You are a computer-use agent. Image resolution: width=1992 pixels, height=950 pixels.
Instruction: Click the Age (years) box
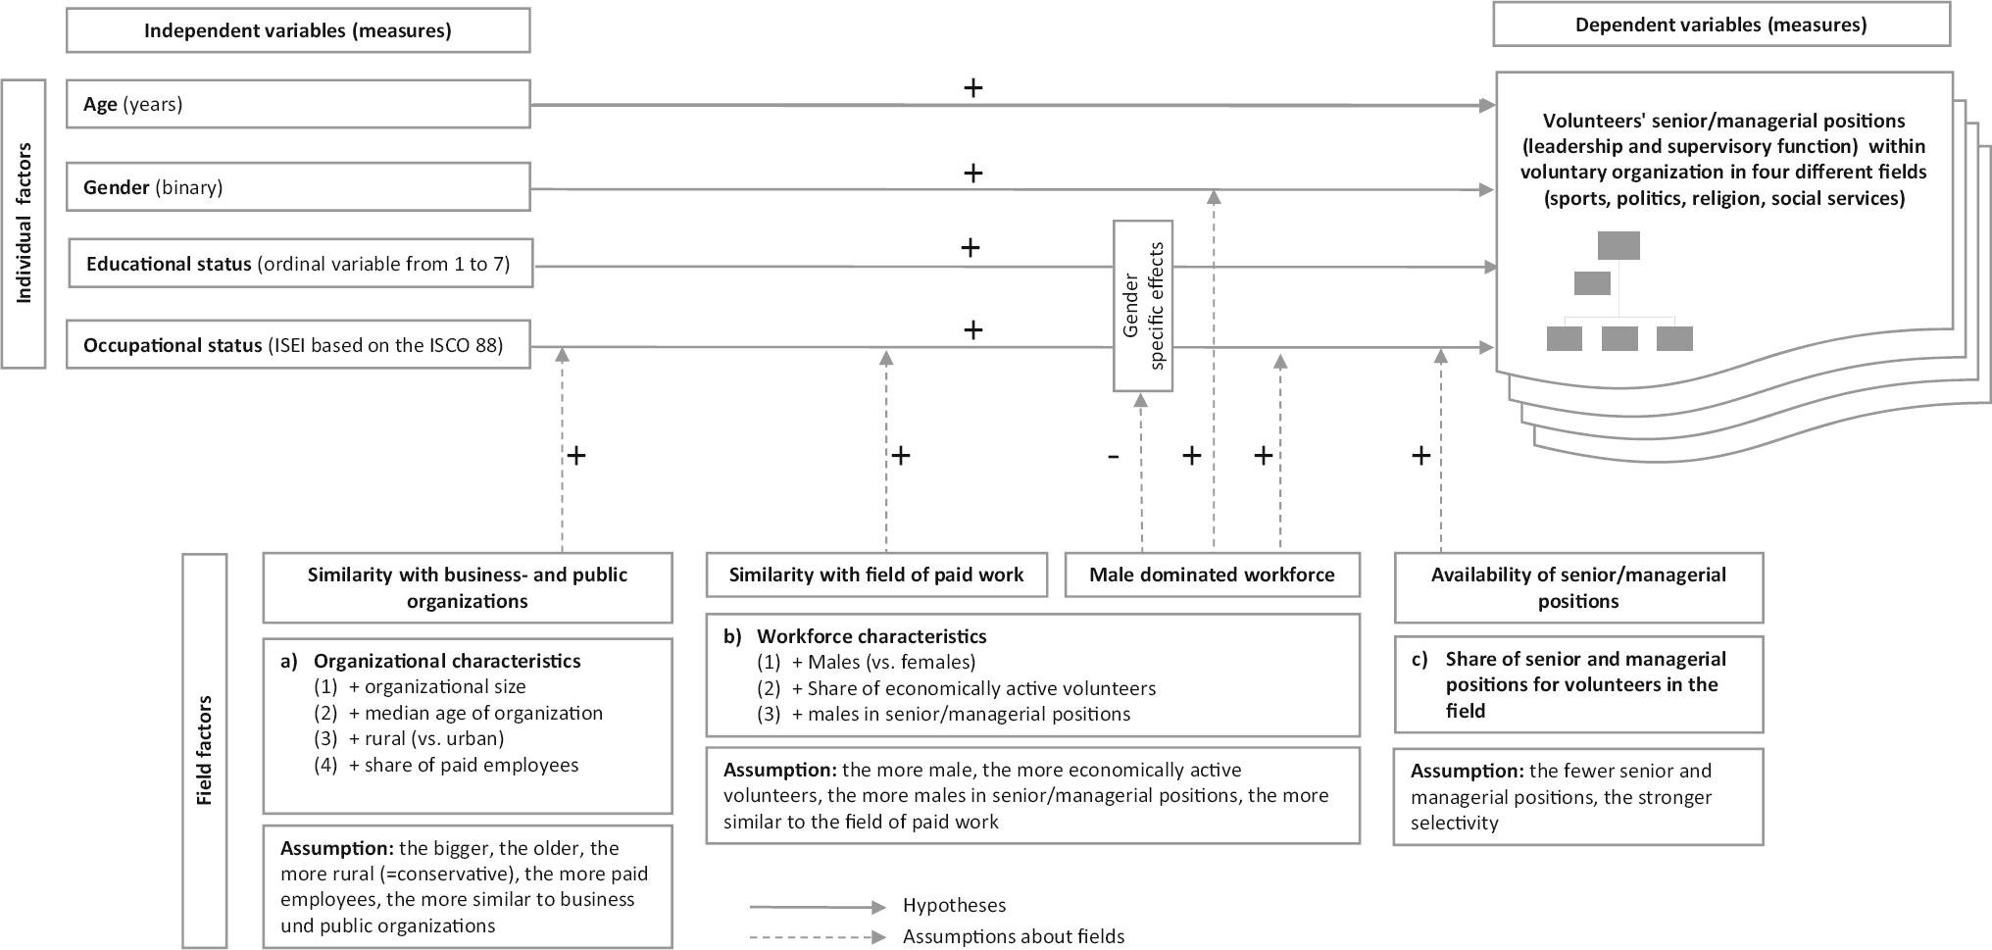click(298, 104)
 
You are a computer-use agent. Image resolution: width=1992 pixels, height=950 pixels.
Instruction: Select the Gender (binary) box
click(298, 187)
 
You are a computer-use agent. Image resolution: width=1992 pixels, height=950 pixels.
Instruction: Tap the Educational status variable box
click(300, 264)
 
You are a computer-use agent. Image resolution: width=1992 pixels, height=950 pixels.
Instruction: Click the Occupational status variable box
click(298, 345)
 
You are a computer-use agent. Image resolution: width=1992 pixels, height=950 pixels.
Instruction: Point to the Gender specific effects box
click(1143, 306)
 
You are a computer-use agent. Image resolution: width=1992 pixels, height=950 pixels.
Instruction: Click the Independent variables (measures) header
click(298, 30)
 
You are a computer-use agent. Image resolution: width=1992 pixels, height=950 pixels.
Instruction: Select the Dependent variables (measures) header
click(1720, 25)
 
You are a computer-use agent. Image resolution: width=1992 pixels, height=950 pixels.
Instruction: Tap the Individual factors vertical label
click(24, 224)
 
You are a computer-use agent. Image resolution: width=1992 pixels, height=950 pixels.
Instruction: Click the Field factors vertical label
click(204, 751)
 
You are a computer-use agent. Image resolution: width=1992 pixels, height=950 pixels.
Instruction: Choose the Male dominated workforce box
click(1212, 575)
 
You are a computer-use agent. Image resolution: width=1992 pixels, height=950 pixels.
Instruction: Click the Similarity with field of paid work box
click(875, 575)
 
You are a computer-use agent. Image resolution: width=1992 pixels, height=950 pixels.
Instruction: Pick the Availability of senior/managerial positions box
click(1578, 588)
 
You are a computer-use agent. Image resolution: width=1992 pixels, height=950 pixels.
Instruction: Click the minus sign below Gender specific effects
click(1113, 456)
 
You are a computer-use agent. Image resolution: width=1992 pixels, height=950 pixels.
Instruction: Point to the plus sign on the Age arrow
click(972, 88)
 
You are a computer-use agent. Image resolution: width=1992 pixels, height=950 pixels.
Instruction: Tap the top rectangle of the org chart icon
click(1618, 245)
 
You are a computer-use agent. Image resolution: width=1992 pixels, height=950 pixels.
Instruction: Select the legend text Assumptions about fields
click(1014, 936)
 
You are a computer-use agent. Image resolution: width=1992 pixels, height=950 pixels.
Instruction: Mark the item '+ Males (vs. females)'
click(883, 663)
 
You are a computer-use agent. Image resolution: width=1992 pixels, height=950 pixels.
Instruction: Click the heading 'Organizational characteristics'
click(447, 661)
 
